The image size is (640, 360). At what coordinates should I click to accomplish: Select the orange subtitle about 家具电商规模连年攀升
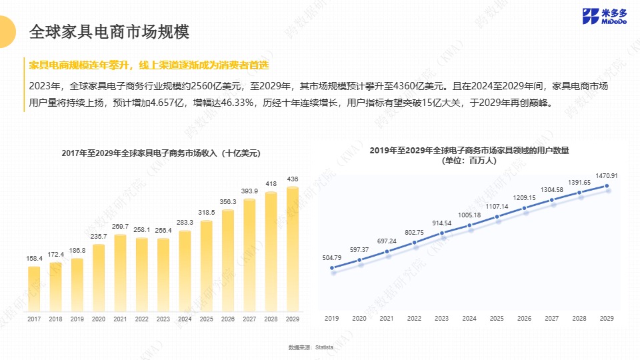(149, 65)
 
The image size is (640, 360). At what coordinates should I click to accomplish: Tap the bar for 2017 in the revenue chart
(34, 289)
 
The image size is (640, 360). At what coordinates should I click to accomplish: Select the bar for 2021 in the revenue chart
(120, 273)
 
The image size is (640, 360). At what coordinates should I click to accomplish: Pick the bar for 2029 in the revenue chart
(292, 249)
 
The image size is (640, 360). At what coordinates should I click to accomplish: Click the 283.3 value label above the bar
(185, 222)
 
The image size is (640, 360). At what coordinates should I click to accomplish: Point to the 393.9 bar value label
(249, 191)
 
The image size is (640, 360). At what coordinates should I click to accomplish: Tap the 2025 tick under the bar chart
(206, 320)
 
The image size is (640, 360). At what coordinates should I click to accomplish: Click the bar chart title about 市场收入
(161, 153)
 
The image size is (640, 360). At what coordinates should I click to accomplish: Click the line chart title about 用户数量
(473, 151)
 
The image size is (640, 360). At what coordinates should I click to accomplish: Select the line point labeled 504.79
(332, 268)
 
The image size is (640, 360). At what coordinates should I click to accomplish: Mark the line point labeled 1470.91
(607, 187)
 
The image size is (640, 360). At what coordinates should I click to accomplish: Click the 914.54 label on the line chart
(441, 222)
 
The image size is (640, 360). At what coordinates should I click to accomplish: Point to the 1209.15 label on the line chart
(524, 197)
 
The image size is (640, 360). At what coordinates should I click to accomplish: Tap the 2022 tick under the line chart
(414, 319)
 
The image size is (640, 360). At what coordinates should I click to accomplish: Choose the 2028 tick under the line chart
(579, 319)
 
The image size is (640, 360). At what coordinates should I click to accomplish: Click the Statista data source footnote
(311, 347)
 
